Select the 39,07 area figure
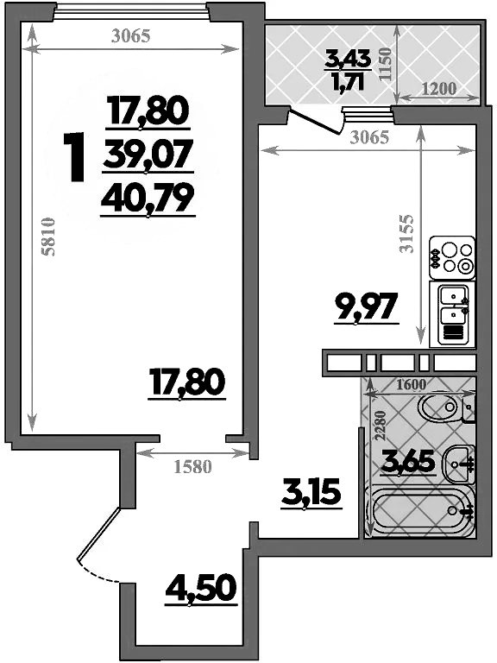[x=146, y=156]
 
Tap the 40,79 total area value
[x=146, y=199]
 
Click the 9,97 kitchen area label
[x=367, y=306]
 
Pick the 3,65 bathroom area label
[x=410, y=464]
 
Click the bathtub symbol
[x=420, y=512]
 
